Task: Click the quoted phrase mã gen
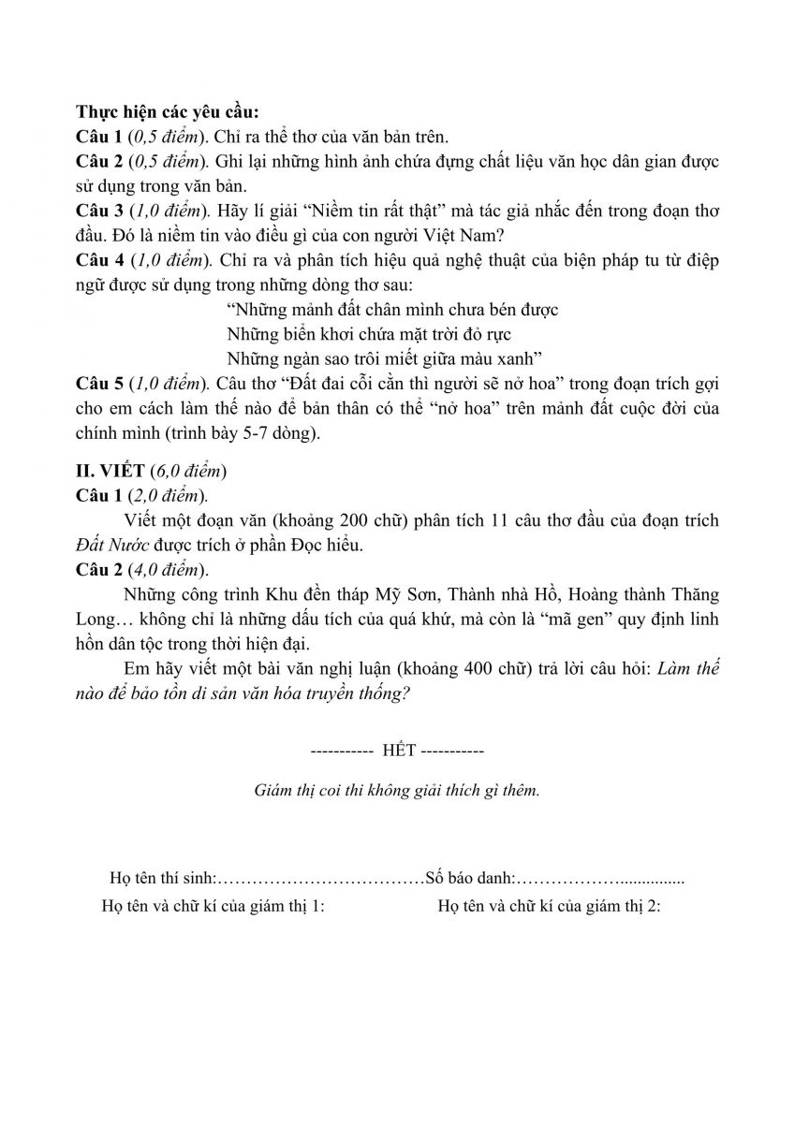tap(588, 620)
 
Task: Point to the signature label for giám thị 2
tap(549, 906)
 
